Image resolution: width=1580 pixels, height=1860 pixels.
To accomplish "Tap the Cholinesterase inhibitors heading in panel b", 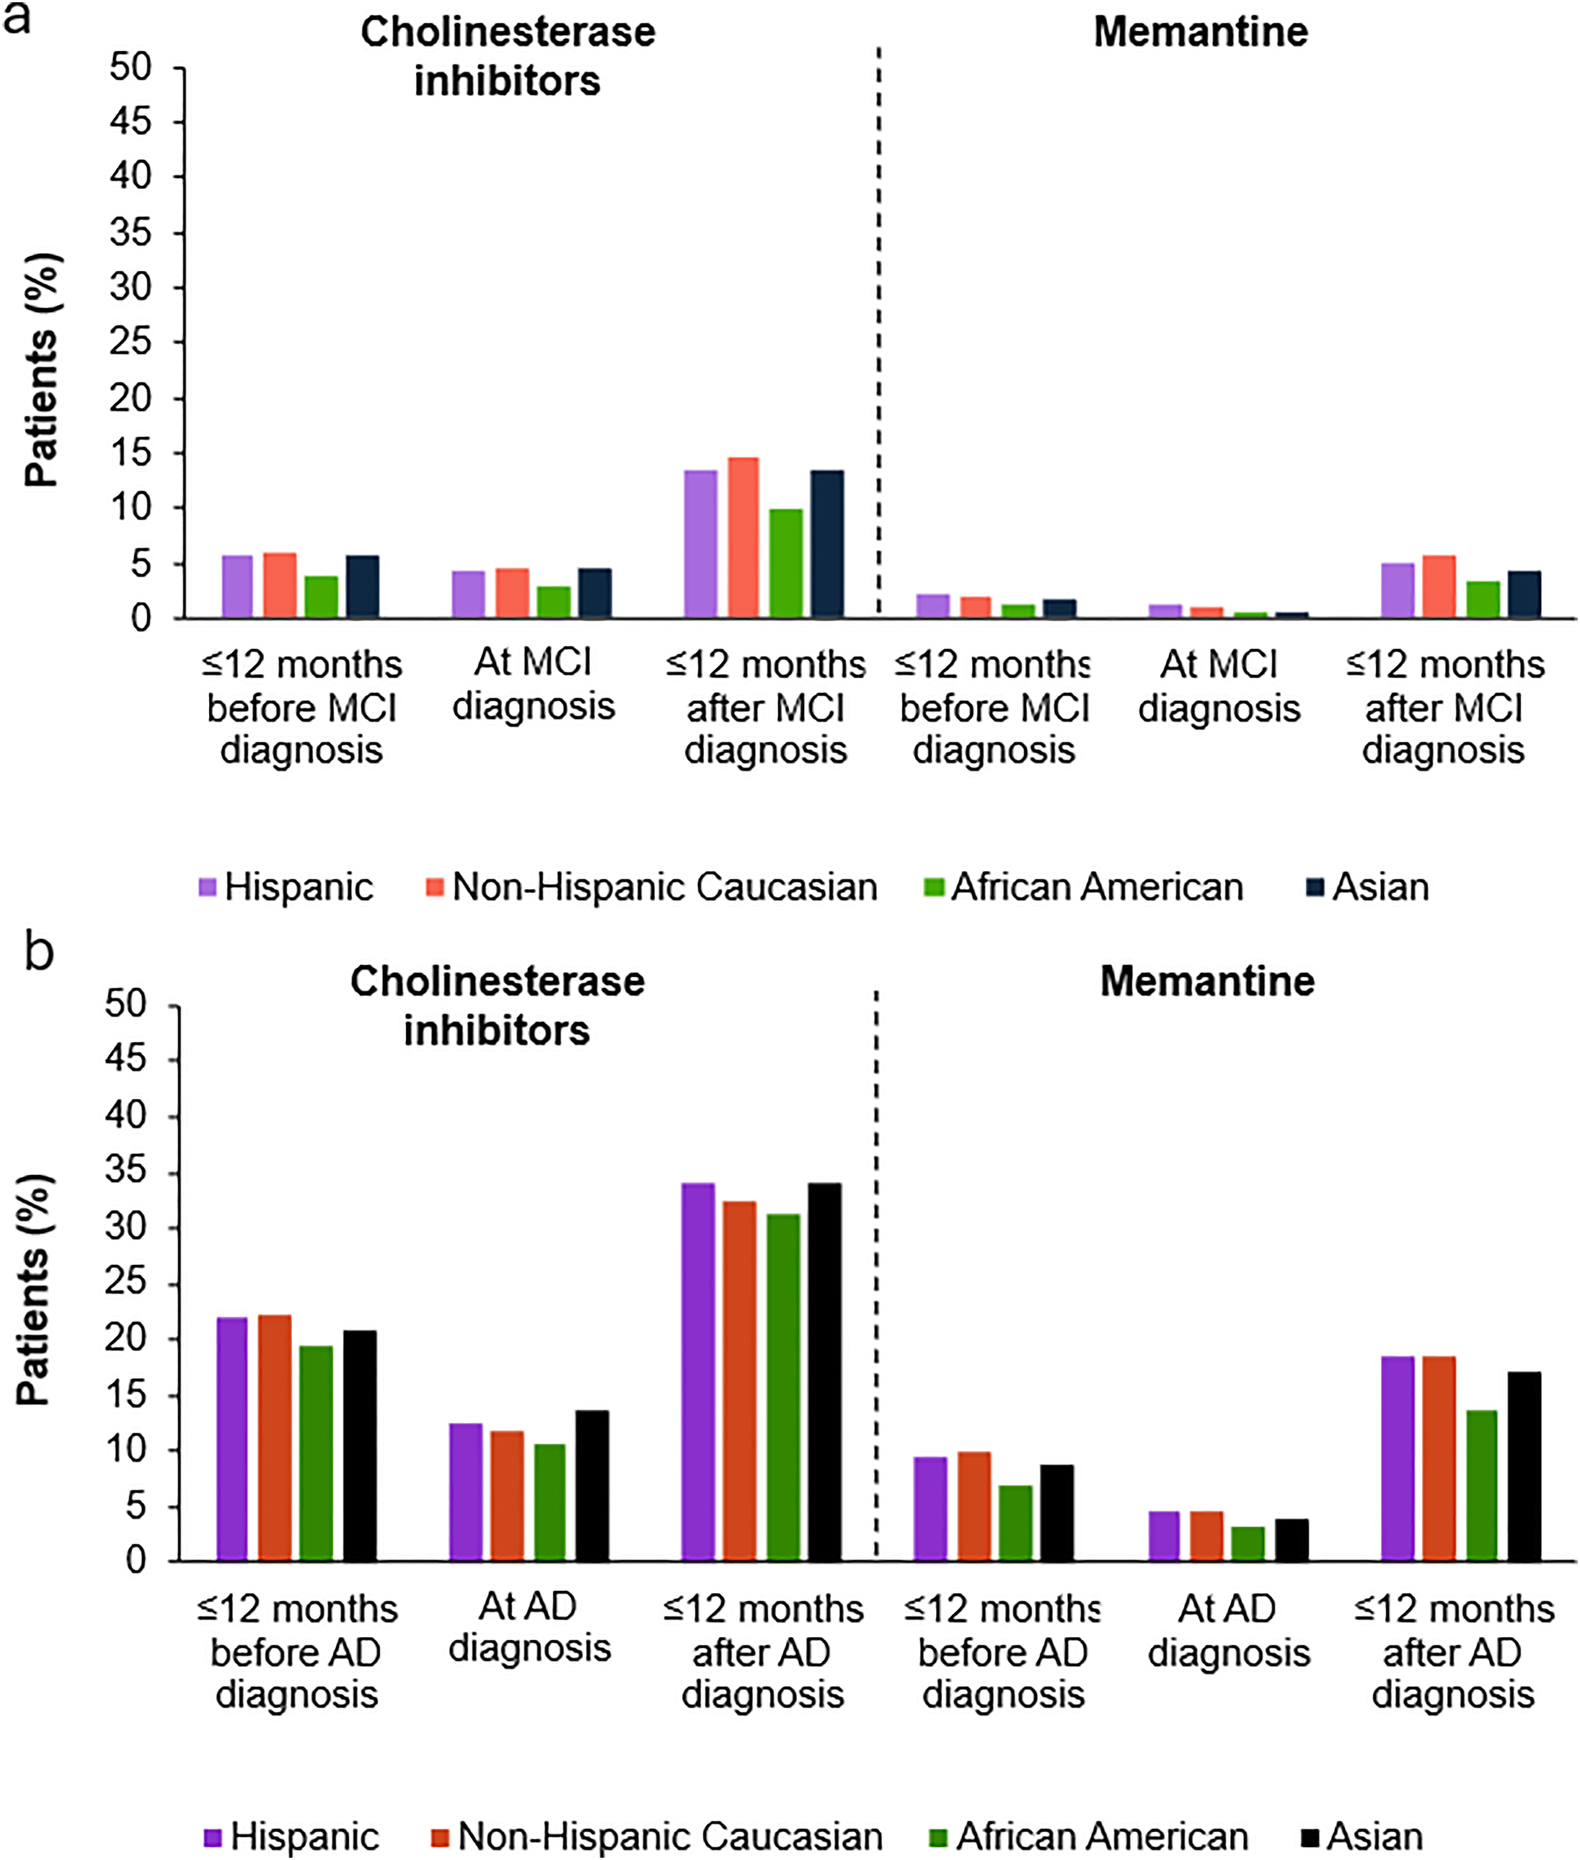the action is (x=497, y=1005).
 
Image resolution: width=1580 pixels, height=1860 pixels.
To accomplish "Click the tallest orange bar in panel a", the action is (x=743, y=538).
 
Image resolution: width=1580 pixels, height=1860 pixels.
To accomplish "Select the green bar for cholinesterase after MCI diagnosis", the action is (x=785, y=564).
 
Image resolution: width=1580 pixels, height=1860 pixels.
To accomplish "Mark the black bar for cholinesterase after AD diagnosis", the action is (x=824, y=1372).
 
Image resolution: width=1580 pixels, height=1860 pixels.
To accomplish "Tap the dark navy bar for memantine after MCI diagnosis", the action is (x=1524, y=594).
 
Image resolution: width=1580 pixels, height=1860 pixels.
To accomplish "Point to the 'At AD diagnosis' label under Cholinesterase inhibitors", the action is (x=529, y=1627).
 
